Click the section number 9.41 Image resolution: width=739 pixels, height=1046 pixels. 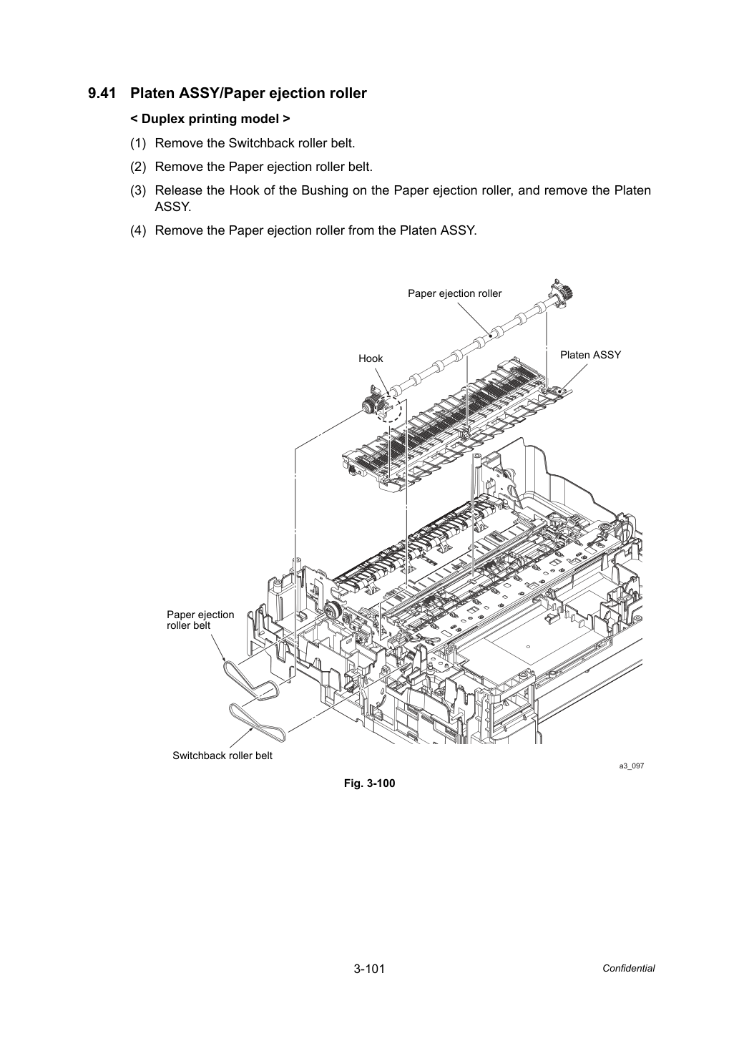[102, 94]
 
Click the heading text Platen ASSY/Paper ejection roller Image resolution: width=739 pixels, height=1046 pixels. [248, 94]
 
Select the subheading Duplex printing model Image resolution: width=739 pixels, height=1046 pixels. [210, 119]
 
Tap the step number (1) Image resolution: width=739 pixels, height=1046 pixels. [138, 143]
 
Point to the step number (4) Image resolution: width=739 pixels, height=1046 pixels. [138, 230]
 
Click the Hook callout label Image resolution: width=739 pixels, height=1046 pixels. [371, 358]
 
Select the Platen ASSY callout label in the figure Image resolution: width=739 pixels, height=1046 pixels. [590, 355]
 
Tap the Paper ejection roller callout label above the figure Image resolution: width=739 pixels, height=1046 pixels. [455, 294]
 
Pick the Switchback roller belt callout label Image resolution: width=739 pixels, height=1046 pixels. [222, 756]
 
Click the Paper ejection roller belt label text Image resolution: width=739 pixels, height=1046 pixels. [200, 620]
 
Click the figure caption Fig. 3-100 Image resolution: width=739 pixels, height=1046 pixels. [369, 783]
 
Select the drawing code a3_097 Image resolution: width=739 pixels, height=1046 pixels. [632, 766]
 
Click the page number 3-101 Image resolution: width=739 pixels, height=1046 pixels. [369, 969]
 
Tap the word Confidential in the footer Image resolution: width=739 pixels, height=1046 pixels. [628, 969]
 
